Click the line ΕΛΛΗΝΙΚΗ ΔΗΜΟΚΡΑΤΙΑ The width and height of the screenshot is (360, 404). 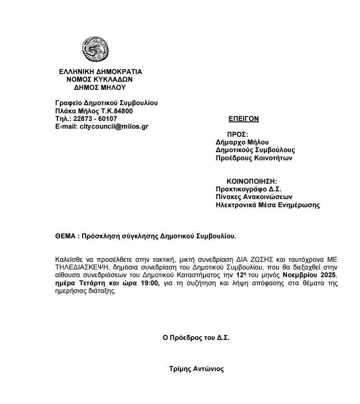[x=100, y=71]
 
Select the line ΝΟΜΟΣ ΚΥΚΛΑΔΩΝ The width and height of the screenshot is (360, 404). [x=100, y=79]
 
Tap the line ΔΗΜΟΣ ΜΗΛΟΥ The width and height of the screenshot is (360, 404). [x=100, y=88]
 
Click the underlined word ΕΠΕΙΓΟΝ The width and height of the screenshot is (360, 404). [x=244, y=119]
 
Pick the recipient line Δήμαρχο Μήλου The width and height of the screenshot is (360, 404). [x=242, y=142]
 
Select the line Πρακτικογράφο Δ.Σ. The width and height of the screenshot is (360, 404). [x=249, y=189]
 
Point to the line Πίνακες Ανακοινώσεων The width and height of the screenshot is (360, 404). [x=254, y=197]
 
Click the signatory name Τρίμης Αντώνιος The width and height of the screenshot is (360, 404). [x=196, y=369]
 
